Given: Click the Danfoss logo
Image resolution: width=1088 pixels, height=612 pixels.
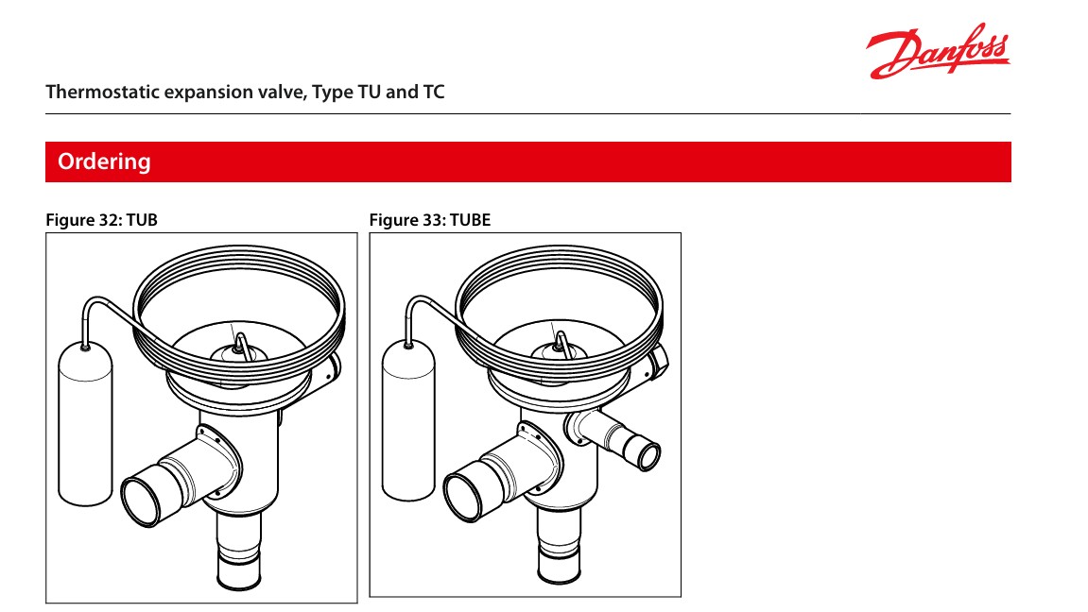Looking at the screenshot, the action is pyautogui.click(x=938, y=51).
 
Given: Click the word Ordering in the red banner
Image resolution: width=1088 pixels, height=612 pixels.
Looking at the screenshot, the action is pyautogui.click(x=104, y=161).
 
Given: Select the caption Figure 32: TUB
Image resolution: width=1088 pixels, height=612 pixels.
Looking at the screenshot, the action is pyautogui.click(x=101, y=220).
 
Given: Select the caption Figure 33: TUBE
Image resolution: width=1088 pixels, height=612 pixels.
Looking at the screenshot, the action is pyautogui.click(x=429, y=220).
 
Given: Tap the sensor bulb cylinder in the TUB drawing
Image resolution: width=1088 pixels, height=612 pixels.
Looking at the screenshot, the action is pyautogui.click(x=85, y=423).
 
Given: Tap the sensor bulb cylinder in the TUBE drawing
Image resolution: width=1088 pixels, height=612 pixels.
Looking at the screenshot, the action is pyautogui.click(x=408, y=419).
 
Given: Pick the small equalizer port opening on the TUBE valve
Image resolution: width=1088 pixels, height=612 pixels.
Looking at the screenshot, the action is pyautogui.click(x=648, y=455).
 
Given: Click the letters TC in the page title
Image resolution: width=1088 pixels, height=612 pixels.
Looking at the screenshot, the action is pyautogui.click(x=434, y=92).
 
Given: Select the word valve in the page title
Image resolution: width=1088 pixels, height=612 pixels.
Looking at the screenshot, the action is pyautogui.click(x=282, y=93).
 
